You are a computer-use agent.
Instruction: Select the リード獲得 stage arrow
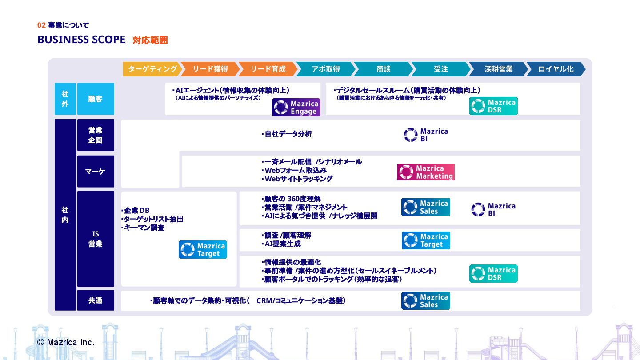[x=210, y=69]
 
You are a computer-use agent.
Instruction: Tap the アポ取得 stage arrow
[x=325, y=69]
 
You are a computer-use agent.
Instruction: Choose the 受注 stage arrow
[x=440, y=69]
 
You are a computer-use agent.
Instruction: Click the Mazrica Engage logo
[x=296, y=108]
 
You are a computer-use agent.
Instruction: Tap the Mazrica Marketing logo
[x=426, y=172]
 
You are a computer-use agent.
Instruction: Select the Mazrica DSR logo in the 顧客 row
[x=493, y=106]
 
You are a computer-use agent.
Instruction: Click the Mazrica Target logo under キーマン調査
[x=203, y=250]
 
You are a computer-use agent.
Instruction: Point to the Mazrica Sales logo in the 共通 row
[x=425, y=301]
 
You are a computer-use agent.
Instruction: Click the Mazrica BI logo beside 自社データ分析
[x=426, y=135]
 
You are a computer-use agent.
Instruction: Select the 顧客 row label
[x=96, y=99]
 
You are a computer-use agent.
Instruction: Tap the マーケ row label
[x=96, y=172]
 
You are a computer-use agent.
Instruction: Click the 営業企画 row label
[x=96, y=135]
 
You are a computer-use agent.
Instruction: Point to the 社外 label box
[x=65, y=99]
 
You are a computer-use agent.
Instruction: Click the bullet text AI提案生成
[x=282, y=244]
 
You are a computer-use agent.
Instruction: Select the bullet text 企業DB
[x=137, y=211]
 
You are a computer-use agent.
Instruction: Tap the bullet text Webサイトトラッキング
[x=298, y=179]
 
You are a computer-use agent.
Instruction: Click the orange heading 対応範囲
[x=150, y=40]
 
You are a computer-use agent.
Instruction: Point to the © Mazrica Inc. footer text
[x=66, y=342]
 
